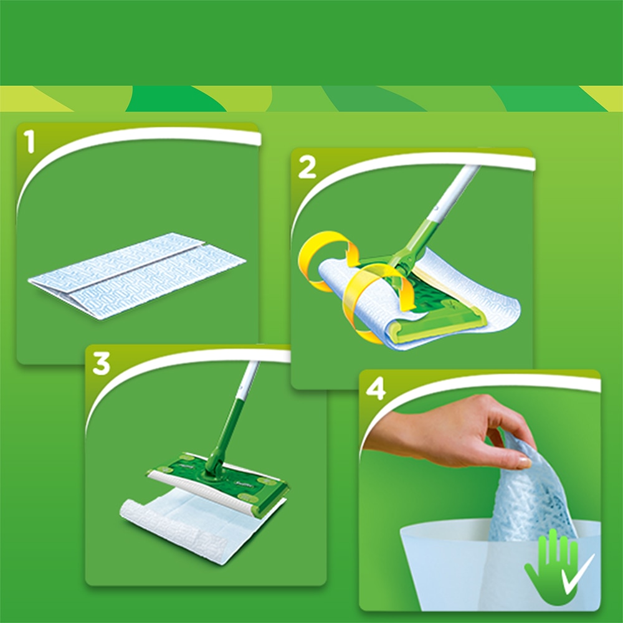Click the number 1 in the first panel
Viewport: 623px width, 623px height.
[28, 142]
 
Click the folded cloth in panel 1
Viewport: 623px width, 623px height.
[137, 274]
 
